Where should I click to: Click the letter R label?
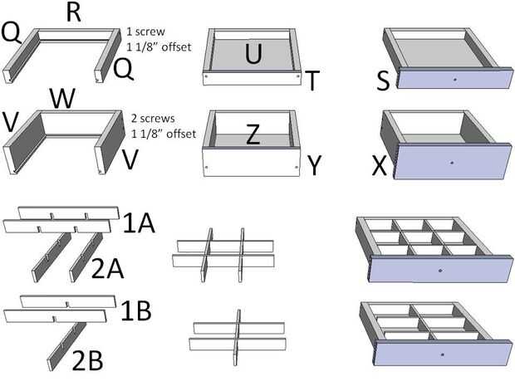click(73, 13)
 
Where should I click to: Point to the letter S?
click(383, 81)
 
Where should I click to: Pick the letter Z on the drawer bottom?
click(256, 136)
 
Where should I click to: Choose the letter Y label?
click(314, 165)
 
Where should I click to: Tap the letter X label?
click(380, 169)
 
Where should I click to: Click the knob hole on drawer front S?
click(455, 79)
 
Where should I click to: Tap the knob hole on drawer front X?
click(450, 163)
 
